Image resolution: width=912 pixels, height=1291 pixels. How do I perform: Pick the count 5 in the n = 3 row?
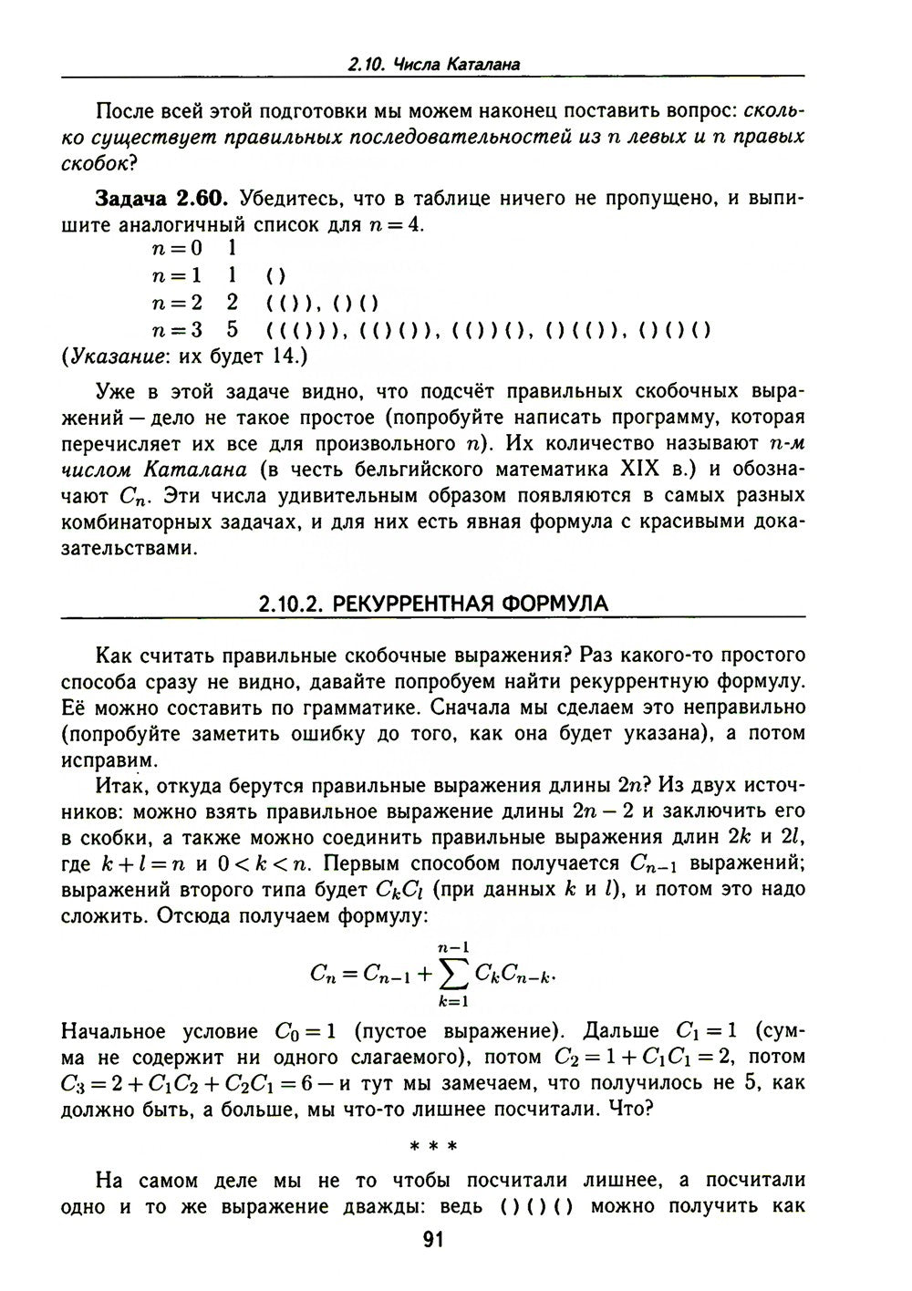click(x=233, y=329)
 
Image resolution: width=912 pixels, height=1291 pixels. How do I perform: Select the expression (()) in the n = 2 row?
click(x=292, y=303)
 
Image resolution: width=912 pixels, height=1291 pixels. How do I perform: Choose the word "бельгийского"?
click(x=418, y=470)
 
